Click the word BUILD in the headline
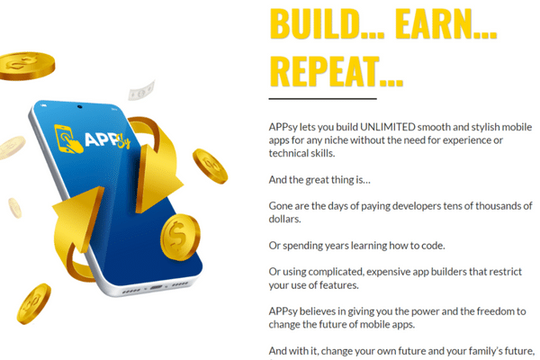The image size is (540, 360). click(315, 24)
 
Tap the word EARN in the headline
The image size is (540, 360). click(434, 24)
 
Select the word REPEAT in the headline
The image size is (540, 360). click(324, 72)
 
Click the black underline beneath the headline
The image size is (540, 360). click(323, 98)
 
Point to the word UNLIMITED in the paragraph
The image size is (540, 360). click(388, 127)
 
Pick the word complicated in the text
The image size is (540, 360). click(336, 272)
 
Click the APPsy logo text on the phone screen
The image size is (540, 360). click(107, 139)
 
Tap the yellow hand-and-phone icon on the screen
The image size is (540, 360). click(68, 139)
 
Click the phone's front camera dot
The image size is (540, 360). click(80, 107)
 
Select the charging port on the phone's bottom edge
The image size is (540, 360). click(156, 287)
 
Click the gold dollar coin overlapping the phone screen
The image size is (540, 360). click(180, 238)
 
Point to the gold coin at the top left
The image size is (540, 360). click(26, 66)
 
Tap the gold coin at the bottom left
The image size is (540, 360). click(33, 304)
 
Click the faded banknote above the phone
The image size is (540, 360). click(141, 91)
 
